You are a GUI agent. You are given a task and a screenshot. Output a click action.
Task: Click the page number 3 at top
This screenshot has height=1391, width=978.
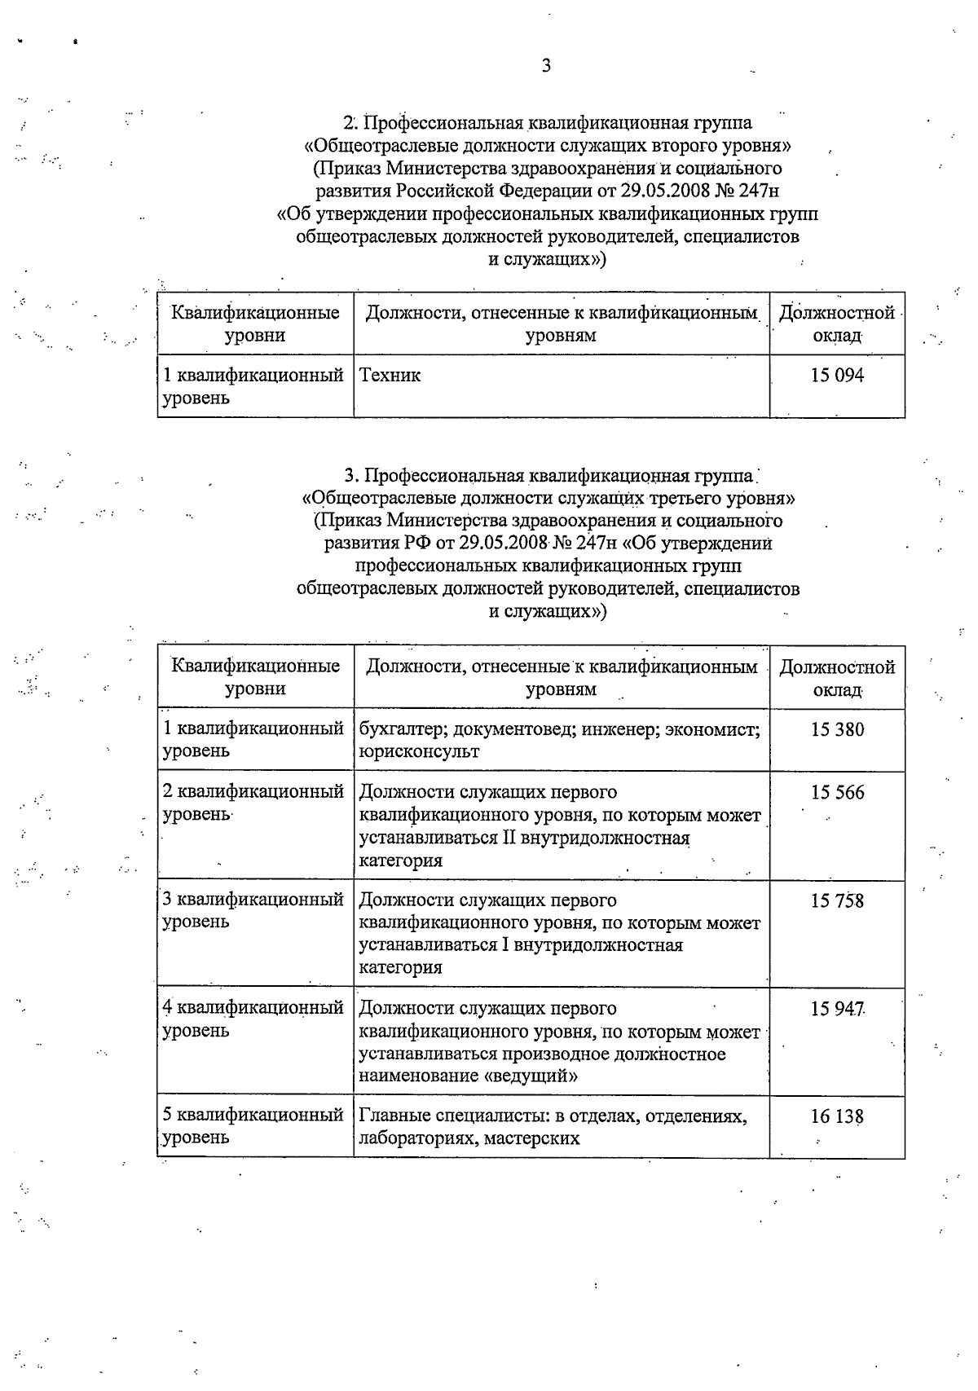point(546,66)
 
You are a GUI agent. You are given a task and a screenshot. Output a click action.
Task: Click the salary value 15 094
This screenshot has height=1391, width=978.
point(837,376)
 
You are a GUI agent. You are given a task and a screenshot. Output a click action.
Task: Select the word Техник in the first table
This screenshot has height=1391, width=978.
point(390,376)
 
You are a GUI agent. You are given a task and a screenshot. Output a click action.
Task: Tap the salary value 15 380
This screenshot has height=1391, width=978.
point(837,729)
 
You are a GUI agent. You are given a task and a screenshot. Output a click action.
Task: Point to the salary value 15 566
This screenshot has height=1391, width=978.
point(837,792)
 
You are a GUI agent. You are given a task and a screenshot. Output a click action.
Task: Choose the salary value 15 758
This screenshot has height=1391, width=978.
point(837,900)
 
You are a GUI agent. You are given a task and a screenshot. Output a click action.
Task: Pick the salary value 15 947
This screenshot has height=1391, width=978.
point(837,1009)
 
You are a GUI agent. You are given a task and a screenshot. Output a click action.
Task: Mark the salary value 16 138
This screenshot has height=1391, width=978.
point(837,1116)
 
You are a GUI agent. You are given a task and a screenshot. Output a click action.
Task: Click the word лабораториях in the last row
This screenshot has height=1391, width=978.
point(415,1138)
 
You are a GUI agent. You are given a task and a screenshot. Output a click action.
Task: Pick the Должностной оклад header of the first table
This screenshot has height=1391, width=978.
point(837,324)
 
